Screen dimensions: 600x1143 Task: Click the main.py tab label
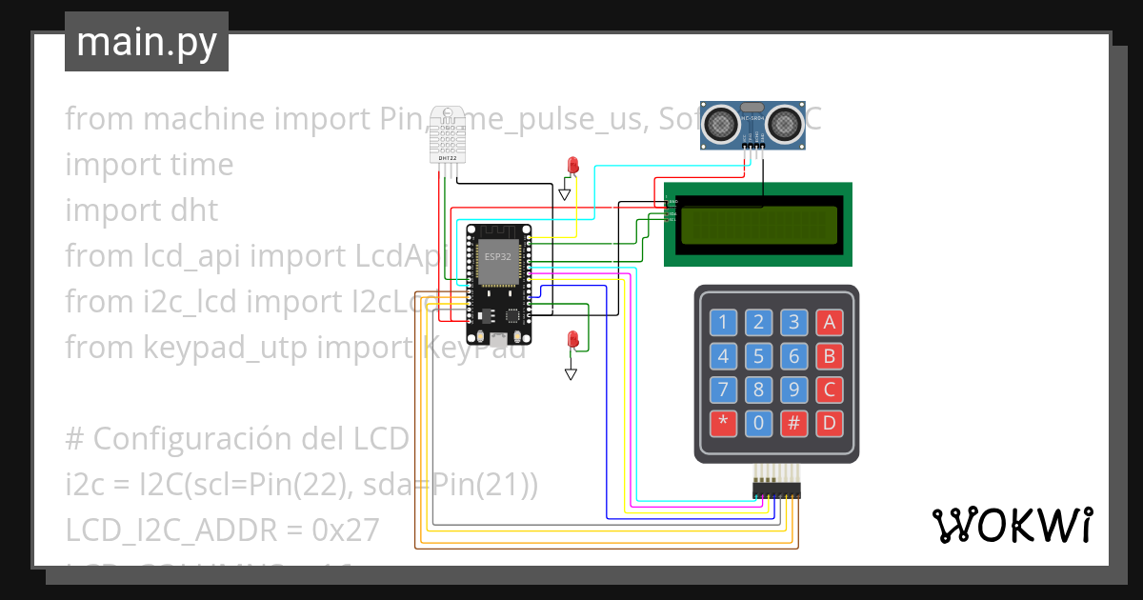146,42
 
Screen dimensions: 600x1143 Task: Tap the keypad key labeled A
829,322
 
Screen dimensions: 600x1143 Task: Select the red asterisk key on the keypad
723,423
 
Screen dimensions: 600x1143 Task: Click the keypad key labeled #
793,423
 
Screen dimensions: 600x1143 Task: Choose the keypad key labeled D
829,423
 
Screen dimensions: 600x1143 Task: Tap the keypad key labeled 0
758,423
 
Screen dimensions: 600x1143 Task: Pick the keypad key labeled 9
793,390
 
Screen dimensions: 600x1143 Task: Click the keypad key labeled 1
723,322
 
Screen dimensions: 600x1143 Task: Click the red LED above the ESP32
572,165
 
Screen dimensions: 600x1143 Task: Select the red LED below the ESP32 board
572,338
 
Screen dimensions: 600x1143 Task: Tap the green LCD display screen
758,225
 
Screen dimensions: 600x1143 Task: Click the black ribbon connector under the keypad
776,490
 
